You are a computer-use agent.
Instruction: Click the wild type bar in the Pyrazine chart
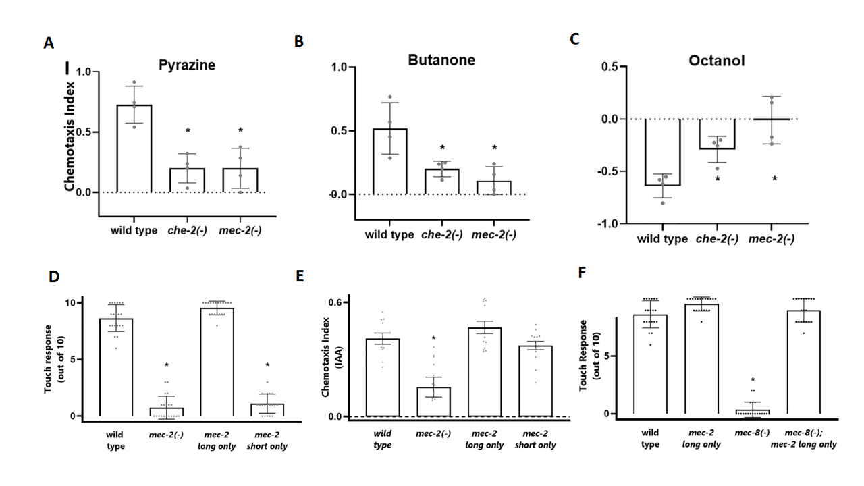coord(133,148)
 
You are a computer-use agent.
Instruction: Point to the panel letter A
coord(48,43)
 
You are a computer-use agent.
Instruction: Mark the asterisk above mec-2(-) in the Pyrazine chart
coord(240,131)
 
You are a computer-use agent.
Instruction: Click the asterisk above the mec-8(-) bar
coord(752,381)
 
